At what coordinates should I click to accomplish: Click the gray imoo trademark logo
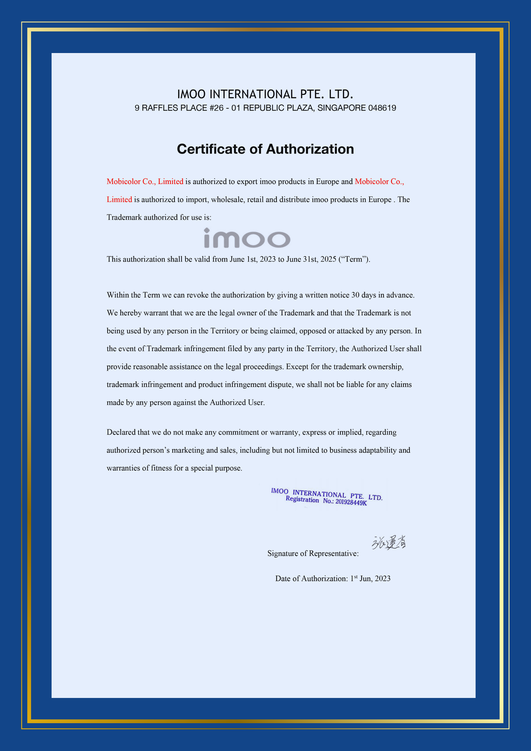(x=247, y=238)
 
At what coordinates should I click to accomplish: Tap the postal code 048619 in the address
(x=382, y=108)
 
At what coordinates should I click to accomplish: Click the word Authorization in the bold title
(x=310, y=149)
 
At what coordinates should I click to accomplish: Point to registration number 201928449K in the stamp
(x=351, y=502)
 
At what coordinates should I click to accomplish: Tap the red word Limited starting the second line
(x=119, y=200)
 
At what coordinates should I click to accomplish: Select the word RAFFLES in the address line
(x=157, y=108)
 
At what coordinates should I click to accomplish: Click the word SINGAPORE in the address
(x=341, y=108)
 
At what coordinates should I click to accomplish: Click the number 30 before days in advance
(x=355, y=295)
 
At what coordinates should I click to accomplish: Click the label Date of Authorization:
(x=311, y=578)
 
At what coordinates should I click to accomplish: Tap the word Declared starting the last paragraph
(x=121, y=432)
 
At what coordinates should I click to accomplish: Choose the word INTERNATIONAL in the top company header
(x=253, y=94)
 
